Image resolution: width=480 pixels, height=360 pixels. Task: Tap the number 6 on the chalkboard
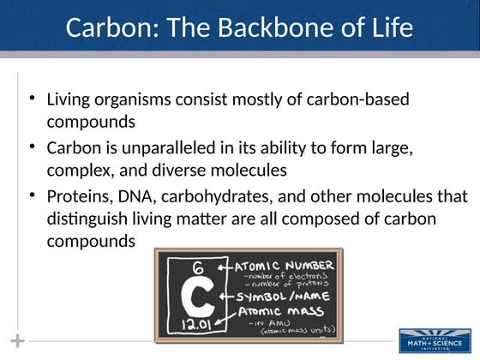click(197, 267)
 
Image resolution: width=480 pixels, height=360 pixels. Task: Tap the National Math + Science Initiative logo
click(435, 339)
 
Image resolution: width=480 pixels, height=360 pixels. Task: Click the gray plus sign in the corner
click(17, 340)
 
